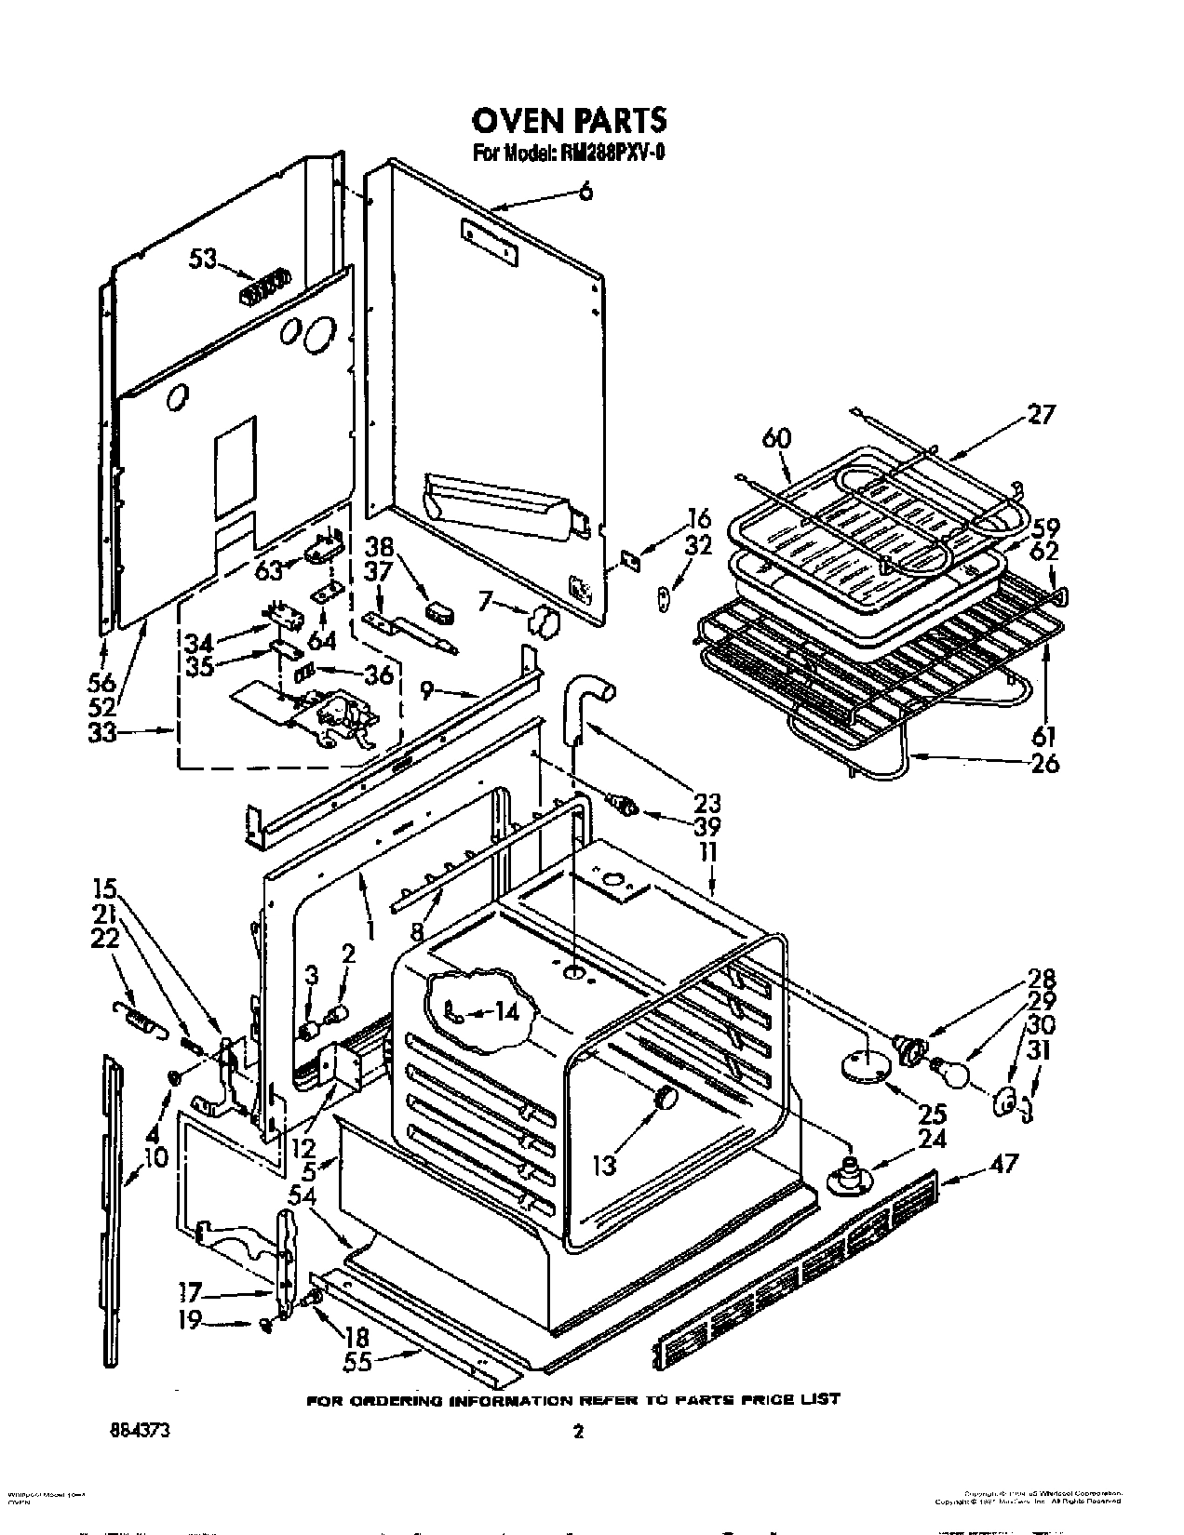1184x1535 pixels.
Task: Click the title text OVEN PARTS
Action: pyautogui.click(x=569, y=121)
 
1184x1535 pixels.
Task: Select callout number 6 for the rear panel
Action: pyautogui.click(x=585, y=194)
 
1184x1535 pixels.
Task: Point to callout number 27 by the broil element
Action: pyautogui.click(x=1041, y=415)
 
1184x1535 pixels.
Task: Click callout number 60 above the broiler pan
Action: pyautogui.click(x=777, y=436)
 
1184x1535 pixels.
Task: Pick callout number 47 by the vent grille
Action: pyautogui.click(x=1005, y=1163)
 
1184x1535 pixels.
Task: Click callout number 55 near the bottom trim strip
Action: pyautogui.click(x=357, y=1361)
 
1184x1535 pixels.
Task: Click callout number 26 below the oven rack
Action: pyautogui.click(x=1045, y=766)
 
